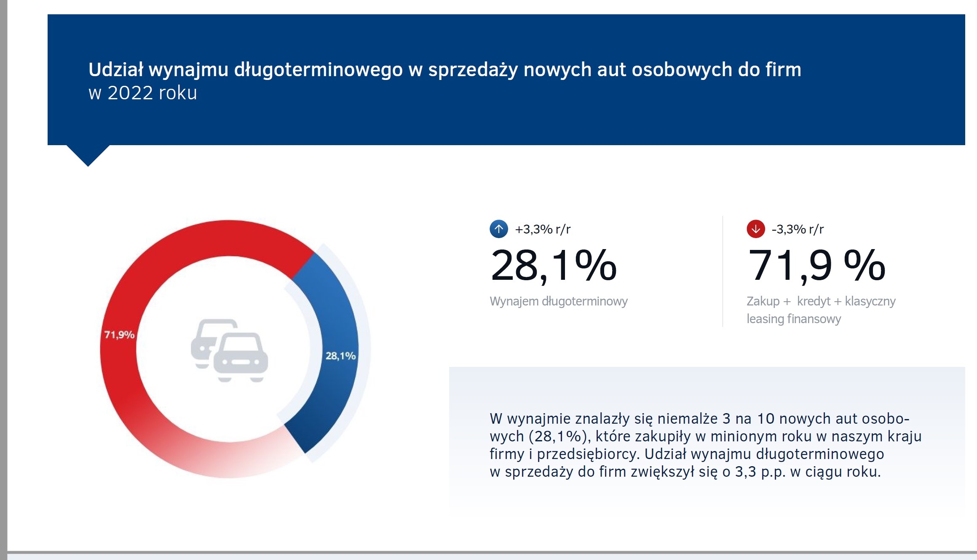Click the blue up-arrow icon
pos(499,229)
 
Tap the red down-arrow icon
pos(756,229)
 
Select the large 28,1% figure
pos(554,265)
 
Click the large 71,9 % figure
pos(816,265)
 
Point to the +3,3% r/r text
pos(543,229)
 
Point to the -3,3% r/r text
pos(798,229)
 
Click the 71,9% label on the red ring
pos(119,335)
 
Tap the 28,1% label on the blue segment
pos(340,356)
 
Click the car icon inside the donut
pos(230,350)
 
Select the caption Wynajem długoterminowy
pos(559,301)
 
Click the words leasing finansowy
pos(794,319)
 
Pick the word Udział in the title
pos(116,69)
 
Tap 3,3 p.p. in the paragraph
pos(760,472)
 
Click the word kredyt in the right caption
pos(814,301)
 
